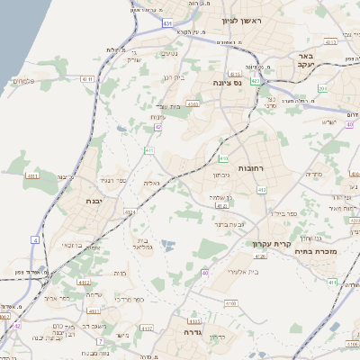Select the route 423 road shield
(x=256, y=81)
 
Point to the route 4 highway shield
(x=35, y=240)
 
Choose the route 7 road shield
(x=99, y=342)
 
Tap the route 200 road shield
(x=321, y=88)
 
